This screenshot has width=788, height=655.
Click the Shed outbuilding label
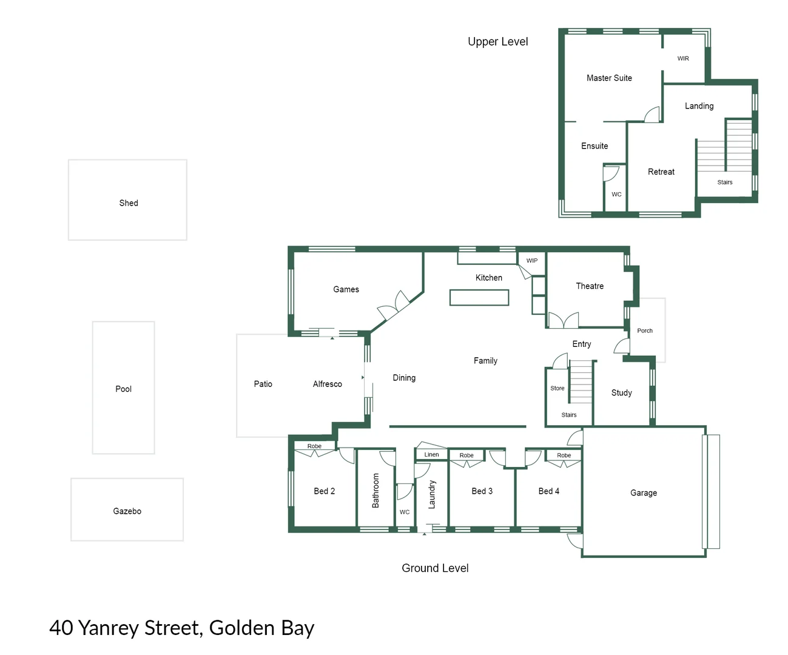click(129, 203)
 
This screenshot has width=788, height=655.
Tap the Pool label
click(123, 389)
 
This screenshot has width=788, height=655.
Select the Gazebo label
click(127, 511)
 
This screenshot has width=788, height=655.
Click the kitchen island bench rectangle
click(479, 297)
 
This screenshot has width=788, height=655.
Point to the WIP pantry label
click(531, 261)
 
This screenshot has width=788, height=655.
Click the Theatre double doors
click(564, 320)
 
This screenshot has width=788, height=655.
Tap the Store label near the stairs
click(557, 388)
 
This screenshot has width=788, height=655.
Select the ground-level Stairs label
click(568, 415)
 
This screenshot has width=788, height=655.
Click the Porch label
click(644, 331)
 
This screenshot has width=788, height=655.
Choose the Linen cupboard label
click(431, 454)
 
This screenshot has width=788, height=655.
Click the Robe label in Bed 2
click(314, 446)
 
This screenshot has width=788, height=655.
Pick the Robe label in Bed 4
click(564, 455)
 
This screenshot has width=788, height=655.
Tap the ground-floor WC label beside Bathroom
click(404, 512)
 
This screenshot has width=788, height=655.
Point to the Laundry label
click(432, 494)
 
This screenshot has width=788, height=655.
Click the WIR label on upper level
click(683, 59)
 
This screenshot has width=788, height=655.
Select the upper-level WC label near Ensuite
click(616, 195)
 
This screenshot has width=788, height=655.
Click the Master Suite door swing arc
click(652, 114)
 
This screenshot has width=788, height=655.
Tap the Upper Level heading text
click(497, 42)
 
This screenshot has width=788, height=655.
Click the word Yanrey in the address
click(109, 628)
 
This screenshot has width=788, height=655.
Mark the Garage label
click(643, 493)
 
